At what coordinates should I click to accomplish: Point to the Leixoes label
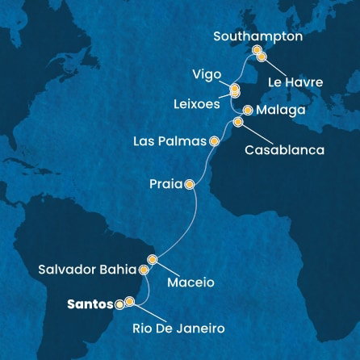point(199,104)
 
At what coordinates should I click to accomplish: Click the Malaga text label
point(279,110)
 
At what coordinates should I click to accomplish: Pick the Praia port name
point(165,184)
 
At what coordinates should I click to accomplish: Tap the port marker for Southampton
point(257,50)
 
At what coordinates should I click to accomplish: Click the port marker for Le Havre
point(262,57)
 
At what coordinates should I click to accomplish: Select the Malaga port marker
point(247,110)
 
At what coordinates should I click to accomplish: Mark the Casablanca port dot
point(238,122)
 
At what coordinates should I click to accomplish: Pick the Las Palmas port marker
point(214,140)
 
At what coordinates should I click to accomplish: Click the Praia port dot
point(189,184)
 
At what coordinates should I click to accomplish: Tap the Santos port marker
point(120,304)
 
